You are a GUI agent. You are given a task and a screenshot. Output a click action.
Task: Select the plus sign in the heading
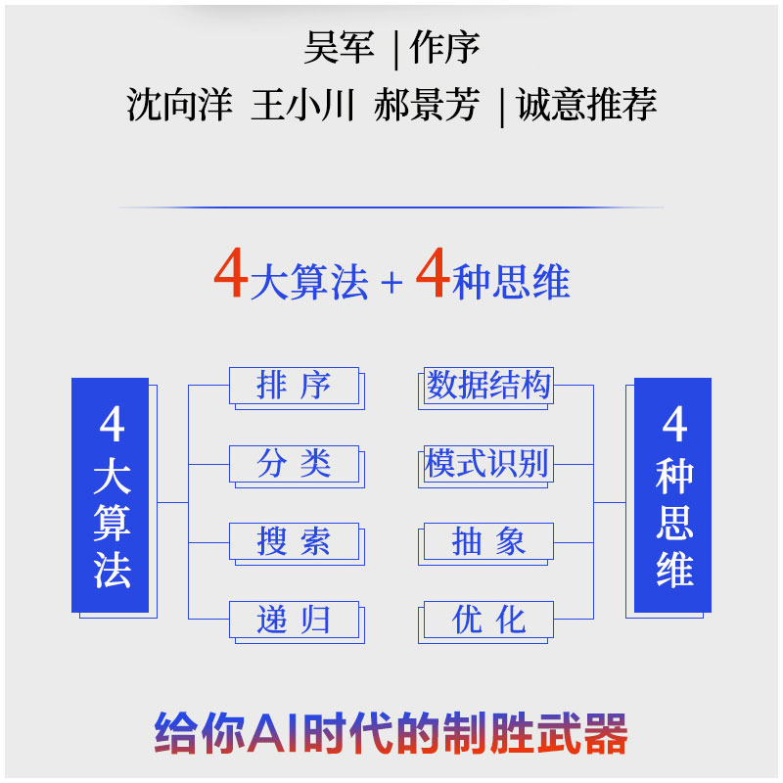pyautogui.click(x=391, y=283)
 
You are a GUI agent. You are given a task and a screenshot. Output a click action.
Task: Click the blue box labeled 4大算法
pyautogui.click(x=111, y=495)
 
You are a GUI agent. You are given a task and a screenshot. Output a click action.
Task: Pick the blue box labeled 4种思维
pyautogui.click(x=673, y=495)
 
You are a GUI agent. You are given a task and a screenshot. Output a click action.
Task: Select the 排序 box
pyautogui.click(x=294, y=386)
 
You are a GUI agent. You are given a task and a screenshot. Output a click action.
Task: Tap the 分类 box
pyautogui.click(x=294, y=464)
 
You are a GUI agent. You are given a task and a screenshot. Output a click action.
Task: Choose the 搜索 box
pyautogui.click(x=294, y=541)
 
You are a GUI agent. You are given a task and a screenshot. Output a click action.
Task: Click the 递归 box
pyautogui.click(x=294, y=620)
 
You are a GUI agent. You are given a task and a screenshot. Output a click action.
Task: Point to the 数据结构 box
pyautogui.click(x=488, y=386)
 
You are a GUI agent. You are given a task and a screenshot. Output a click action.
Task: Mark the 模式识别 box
pyautogui.click(x=488, y=464)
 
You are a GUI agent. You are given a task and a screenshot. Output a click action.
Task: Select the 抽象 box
pyautogui.click(x=488, y=541)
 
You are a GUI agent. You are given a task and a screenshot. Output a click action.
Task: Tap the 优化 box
pyautogui.click(x=488, y=620)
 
